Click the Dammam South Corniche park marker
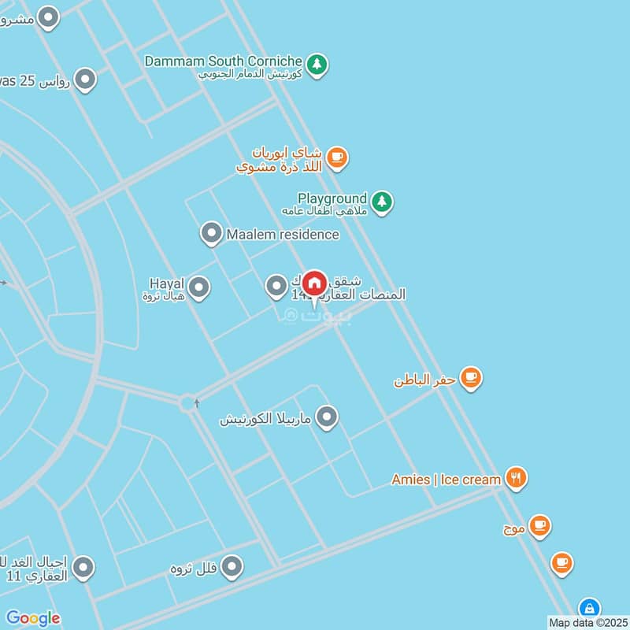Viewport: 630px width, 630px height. (x=317, y=64)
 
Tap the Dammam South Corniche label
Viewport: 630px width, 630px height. (x=224, y=61)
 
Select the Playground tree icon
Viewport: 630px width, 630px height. (x=382, y=202)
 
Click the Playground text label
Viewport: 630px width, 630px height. (x=332, y=198)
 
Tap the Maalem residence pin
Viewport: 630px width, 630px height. (x=211, y=233)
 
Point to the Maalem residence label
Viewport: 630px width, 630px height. (x=283, y=234)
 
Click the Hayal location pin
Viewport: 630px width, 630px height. (x=199, y=287)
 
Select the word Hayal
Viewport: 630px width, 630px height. (x=166, y=283)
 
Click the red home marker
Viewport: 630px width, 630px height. (x=315, y=283)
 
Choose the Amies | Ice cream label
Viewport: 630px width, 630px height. (x=446, y=479)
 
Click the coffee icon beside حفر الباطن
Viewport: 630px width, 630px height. (x=471, y=378)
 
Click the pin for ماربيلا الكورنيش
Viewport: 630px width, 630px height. (x=327, y=417)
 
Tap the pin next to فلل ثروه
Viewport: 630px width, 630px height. (x=232, y=565)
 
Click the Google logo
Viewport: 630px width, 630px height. (x=33, y=618)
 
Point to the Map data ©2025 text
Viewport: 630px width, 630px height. (x=587, y=623)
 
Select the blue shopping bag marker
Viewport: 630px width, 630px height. (x=588, y=608)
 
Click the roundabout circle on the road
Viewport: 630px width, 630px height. (x=188, y=403)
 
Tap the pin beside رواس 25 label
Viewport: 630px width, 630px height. (x=85, y=79)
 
